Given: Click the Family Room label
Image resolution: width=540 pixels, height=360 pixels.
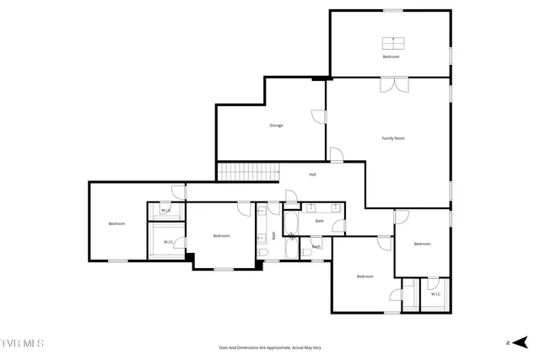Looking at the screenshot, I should point(393,137).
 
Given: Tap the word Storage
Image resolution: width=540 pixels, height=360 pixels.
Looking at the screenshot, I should point(276,126).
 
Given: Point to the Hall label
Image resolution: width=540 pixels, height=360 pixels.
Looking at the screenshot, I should point(312,175).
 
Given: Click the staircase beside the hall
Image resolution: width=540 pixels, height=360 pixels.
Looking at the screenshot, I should point(248,172).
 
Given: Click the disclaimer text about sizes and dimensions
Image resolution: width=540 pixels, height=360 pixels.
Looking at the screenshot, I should point(269,347).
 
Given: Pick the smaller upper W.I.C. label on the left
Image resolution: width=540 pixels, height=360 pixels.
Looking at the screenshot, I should point(166,210).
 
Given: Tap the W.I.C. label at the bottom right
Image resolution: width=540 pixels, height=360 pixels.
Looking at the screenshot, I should point(435,294).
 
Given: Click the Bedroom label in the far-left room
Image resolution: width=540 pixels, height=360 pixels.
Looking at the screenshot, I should point(116,223).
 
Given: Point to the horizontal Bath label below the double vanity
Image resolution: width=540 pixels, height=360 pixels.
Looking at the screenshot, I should point(320,221).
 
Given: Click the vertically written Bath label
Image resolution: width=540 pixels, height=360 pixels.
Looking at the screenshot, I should point(273,235).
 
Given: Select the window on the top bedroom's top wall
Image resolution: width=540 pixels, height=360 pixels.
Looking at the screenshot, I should point(392,10).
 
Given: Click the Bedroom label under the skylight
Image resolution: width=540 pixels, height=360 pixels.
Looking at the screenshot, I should point(391,56).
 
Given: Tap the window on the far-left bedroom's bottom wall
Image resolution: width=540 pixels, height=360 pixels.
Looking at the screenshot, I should point(118,261).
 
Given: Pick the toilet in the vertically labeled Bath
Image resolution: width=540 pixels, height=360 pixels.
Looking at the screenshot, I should point(263,253).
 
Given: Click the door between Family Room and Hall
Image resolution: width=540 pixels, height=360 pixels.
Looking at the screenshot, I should point(336,154).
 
